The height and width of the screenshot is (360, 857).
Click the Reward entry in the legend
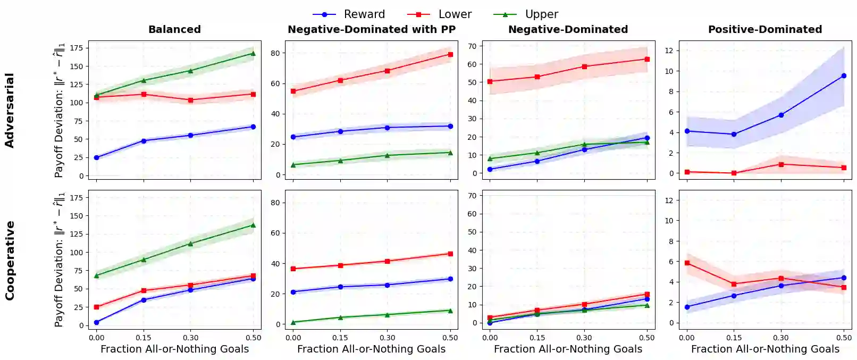tap(364, 14)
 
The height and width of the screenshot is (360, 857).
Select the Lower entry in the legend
tap(455, 14)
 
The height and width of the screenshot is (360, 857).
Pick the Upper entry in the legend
tap(541, 14)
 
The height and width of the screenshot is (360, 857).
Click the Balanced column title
tap(174, 29)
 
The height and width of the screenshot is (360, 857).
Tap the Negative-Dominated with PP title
tap(372, 29)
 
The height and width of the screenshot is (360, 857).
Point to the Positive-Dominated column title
tap(764, 29)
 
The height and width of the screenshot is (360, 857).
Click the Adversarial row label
tap(10, 110)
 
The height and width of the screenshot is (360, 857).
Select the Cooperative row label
tap(10, 261)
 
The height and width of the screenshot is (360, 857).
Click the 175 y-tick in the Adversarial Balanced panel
tap(77, 48)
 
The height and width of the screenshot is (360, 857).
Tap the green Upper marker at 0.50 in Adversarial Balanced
tap(253, 53)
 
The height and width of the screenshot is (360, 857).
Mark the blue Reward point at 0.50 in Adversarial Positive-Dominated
tap(844, 76)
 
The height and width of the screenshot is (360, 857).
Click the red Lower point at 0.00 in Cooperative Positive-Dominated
tap(687, 263)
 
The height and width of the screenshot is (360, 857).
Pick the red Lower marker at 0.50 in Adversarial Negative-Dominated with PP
tap(450, 54)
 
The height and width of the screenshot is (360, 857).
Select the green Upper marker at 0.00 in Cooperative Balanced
tap(96, 275)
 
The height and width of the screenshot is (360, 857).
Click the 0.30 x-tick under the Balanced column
tap(190, 338)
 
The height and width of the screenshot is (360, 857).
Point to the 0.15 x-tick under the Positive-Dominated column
tap(734, 338)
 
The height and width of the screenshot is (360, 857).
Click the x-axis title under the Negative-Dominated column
tap(568, 349)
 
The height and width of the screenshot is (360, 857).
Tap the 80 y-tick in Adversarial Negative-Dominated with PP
tap(275, 53)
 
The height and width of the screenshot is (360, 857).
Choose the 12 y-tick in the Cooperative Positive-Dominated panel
tap(669, 200)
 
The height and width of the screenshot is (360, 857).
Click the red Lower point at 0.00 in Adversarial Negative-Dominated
tap(490, 81)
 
